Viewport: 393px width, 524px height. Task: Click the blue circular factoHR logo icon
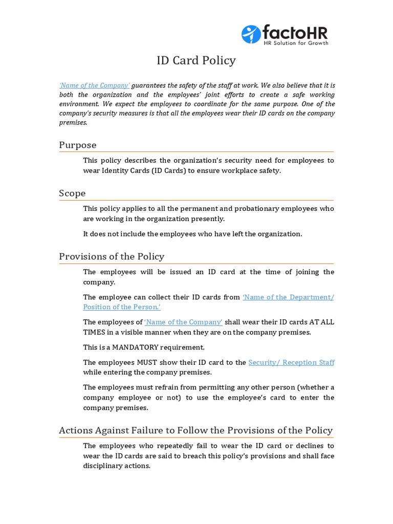pyautogui.click(x=251, y=34)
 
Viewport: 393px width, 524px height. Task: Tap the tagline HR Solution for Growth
pyautogui.click(x=295, y=43)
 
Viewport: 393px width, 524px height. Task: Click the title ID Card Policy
pyautogui.click(x=196, y=60)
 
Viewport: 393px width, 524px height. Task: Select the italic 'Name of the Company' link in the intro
pyautogui.click(x=94, y=85)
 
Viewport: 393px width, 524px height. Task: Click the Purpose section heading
pyautogui.click(x=77, y=145)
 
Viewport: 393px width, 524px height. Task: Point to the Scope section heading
pyautogui.click(x=72, y=193)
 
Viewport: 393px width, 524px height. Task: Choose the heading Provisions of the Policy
pyautogui.click(x=112, y=256)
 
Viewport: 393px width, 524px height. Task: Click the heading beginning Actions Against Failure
pyautogui.click(x=195, y=430)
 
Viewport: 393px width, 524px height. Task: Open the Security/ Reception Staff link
pyautogui.click(x=291, y=362)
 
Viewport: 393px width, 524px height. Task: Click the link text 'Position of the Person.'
pyautogui.click(x=122, y=307)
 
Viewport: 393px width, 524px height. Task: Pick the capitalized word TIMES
pyautogui.click(x=95, y=332)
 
